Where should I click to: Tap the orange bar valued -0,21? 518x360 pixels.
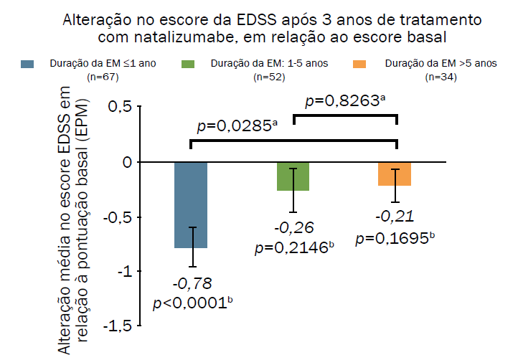point(395,174)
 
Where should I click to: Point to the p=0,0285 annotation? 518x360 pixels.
point(237,126)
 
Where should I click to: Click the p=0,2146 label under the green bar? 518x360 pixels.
point(294,249)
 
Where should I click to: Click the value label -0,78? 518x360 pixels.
point(192,283)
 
